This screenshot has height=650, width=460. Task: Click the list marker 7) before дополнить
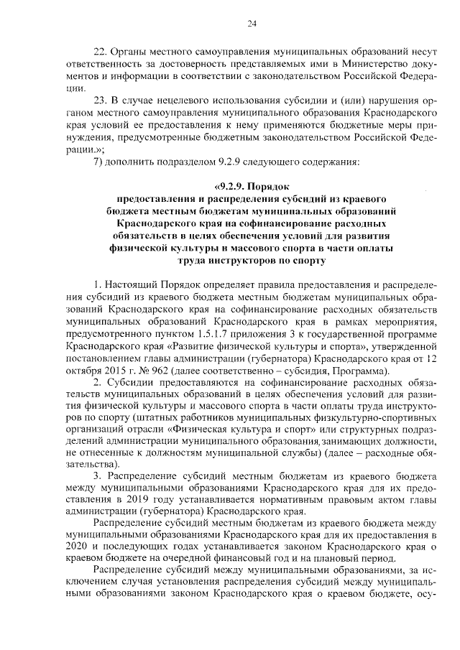[99, 160]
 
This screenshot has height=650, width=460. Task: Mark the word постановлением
[98, 358]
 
